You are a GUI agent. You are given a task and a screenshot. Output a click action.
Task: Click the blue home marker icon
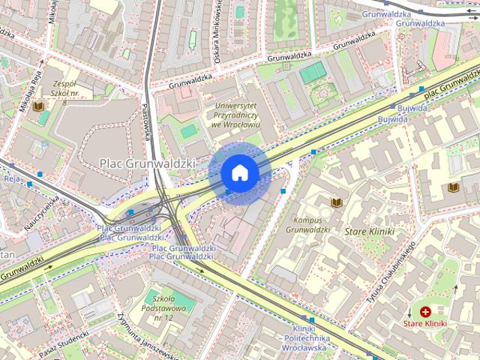240,173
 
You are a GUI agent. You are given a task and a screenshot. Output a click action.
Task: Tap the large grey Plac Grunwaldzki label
148,162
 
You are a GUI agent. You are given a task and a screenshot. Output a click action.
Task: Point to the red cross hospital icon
426,311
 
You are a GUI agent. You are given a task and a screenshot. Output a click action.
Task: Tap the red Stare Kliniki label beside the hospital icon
426,323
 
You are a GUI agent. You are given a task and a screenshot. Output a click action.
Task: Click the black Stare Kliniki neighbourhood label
369,232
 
